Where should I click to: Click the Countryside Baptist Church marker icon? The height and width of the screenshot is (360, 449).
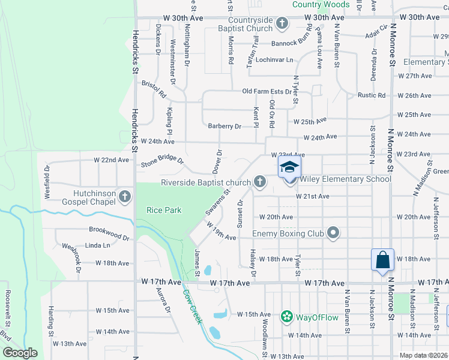point(283,25)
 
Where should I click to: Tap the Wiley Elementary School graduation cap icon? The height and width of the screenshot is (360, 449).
point(289,167)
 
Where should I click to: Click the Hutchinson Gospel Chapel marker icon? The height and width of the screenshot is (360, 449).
point(124,196)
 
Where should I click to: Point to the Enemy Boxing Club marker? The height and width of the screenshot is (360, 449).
point(334,233)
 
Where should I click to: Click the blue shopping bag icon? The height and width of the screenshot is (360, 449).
point(382,260)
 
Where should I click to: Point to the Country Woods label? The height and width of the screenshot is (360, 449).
point(321,4)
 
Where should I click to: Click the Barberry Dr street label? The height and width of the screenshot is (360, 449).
point(224,127)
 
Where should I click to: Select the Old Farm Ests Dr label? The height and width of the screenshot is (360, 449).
point(271,91)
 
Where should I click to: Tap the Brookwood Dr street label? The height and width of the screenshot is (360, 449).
point(109,233)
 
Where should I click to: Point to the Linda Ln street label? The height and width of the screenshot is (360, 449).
point(98,245)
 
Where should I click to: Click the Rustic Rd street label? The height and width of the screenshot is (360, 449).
point(372,95)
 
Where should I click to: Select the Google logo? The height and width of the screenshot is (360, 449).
point(20,353)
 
